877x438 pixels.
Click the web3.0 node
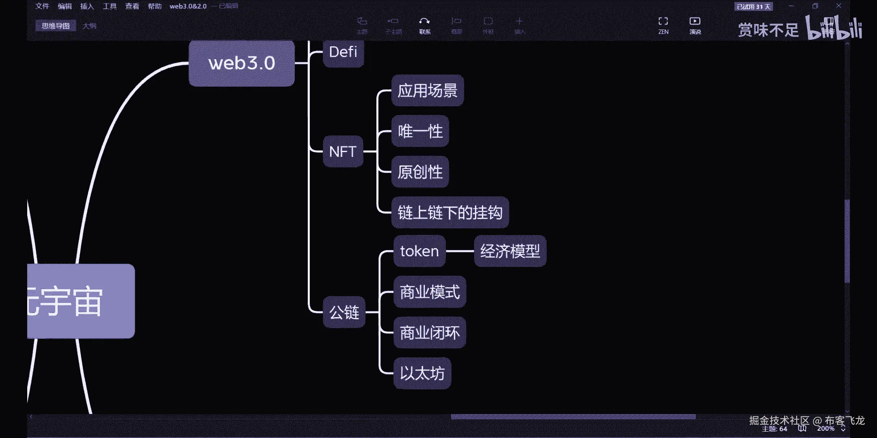[x=242, y=63]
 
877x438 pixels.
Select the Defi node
[x=343, y=53]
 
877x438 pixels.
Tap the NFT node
[x=343, y=152]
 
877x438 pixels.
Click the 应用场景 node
[x=428, y=90]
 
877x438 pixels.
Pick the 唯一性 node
[x=420, y=131]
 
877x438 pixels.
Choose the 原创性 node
[x=420, y=172]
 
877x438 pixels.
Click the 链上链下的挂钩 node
[x=450, y=213]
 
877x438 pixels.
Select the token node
[x=419, y=251]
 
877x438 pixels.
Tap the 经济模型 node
[x=510, y=251]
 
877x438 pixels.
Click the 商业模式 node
[x=430, y=292]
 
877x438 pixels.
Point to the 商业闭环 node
[x=430, y=333]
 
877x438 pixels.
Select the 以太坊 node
[x=422, y=373]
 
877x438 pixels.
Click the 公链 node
[x=344, y=312]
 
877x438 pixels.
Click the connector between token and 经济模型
[x=460, y=251]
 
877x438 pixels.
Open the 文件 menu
[x=42, y=6]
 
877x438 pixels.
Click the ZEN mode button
[x=663, y=25]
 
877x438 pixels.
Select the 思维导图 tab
[x=56, y=26]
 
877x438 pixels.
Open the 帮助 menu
[x=155, y=6]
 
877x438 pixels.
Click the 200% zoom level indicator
[x=826, y=429]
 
